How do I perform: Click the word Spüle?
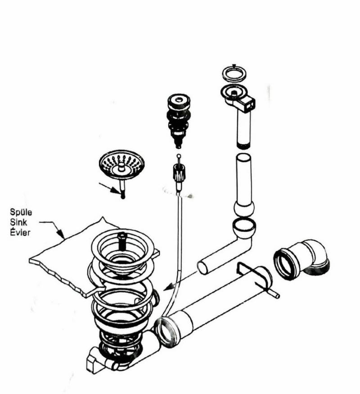pos(21,212)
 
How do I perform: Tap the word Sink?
pos(18,222)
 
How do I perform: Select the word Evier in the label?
pos(20,232)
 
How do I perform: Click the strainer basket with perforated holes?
pos(121,165)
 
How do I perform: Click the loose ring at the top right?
pos(234,73)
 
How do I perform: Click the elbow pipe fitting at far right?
pos(302,259)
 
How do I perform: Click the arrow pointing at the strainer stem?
pos(109,188)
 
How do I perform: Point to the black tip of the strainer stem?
pos(123,196)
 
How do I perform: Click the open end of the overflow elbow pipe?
pos(202,268)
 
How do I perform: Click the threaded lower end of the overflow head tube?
pos(243,146)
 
